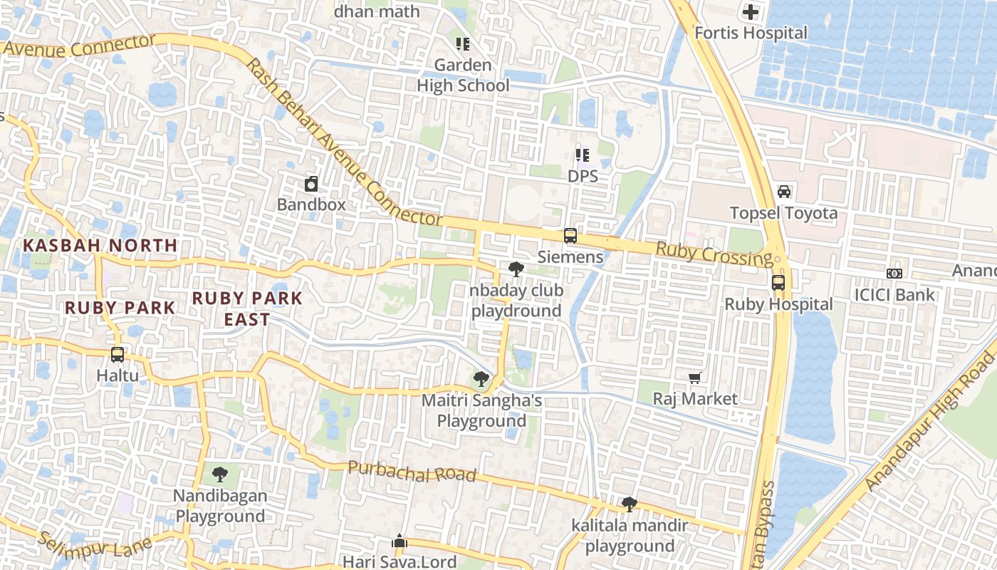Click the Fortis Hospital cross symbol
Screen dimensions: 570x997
(x=751, y=12)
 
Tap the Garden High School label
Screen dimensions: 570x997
(x=463, y=76)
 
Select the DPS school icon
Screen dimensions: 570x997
(x=583, y=155)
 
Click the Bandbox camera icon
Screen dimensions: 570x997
(x=311, y=184)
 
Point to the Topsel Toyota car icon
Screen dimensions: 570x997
(x=784, y=192)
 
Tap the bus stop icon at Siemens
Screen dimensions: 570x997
(x=570, y=236)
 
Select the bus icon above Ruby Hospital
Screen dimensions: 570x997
(x=778, y=283)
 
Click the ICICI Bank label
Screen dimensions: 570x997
(x=894, y=294)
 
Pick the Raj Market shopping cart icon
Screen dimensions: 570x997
(x=695, y=378)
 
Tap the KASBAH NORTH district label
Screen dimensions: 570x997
(x=100, y=245)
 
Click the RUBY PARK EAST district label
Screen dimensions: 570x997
(x=247, y=309)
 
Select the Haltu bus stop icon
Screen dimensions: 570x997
(x=118, y=354)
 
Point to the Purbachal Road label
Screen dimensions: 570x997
(x=411, y=472)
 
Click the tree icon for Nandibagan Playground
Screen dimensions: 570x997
(x=221, y=474)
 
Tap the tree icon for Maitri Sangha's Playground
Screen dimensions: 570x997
(x=481, y=379)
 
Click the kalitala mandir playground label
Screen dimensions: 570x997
(x=630, y=536)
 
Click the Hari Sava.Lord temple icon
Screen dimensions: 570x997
(x=400, y=541)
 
